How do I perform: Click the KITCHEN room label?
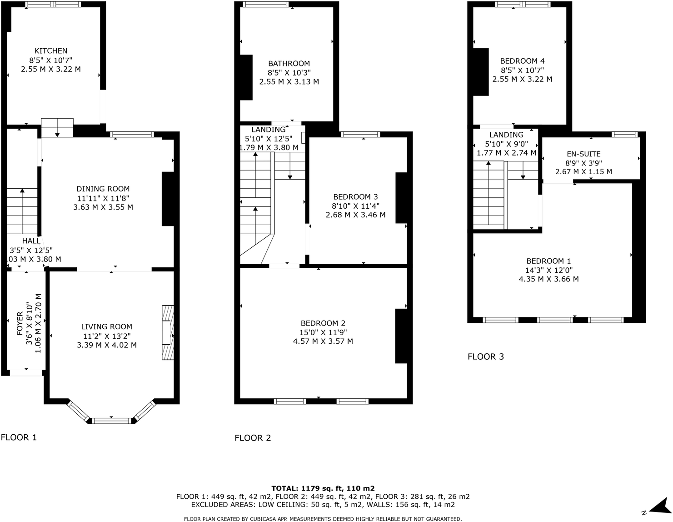click(51, 51)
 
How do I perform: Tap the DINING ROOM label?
click(103, 189)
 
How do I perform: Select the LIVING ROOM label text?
click(107, 326)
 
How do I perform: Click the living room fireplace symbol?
click(168, 333)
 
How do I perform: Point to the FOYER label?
click(20, 323)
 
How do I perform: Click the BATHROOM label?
click(289, 64)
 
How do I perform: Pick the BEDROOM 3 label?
click(355, 197)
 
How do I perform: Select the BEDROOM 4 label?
click(522, 61)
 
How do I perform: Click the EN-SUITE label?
click(583, 154)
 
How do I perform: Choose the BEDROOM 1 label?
click(548, 261)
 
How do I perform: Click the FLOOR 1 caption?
click(19, 437)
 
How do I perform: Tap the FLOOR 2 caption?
click(253, 438)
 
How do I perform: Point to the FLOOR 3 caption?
click(486, 356)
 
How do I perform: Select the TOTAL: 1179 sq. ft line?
click(323, 488)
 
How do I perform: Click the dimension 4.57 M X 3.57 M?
click(323, 341)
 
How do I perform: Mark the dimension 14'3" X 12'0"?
click(548, 270)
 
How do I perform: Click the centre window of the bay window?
click(111, 421)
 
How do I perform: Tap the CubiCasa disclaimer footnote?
click(323, 518)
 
